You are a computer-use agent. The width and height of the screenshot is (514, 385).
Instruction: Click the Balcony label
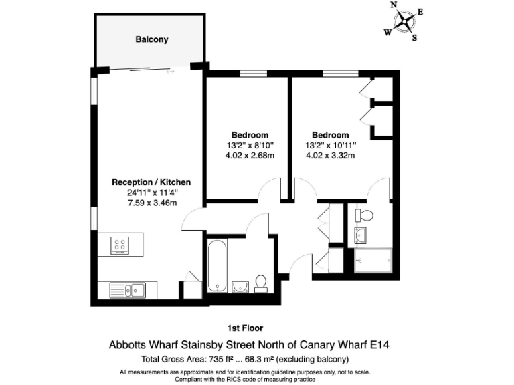pos(152,39)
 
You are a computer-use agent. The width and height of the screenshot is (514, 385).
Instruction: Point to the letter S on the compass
pos(414,38)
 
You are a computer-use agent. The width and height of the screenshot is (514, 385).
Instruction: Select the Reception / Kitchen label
pos(151,182)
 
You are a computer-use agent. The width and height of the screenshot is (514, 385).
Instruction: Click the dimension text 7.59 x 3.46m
pos(152,203)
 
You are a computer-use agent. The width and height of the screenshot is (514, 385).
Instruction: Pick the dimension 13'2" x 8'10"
pos(250,145)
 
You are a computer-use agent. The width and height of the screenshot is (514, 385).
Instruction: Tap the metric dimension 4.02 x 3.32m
pos(330,156)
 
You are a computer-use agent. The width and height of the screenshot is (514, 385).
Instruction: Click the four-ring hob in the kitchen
pos(121,245)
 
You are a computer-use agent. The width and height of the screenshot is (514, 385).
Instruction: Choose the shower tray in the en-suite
pos(373,261)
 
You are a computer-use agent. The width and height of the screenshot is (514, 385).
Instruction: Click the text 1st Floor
pos(246,328)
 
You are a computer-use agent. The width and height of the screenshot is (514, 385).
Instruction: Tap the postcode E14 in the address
pos(379,346)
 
